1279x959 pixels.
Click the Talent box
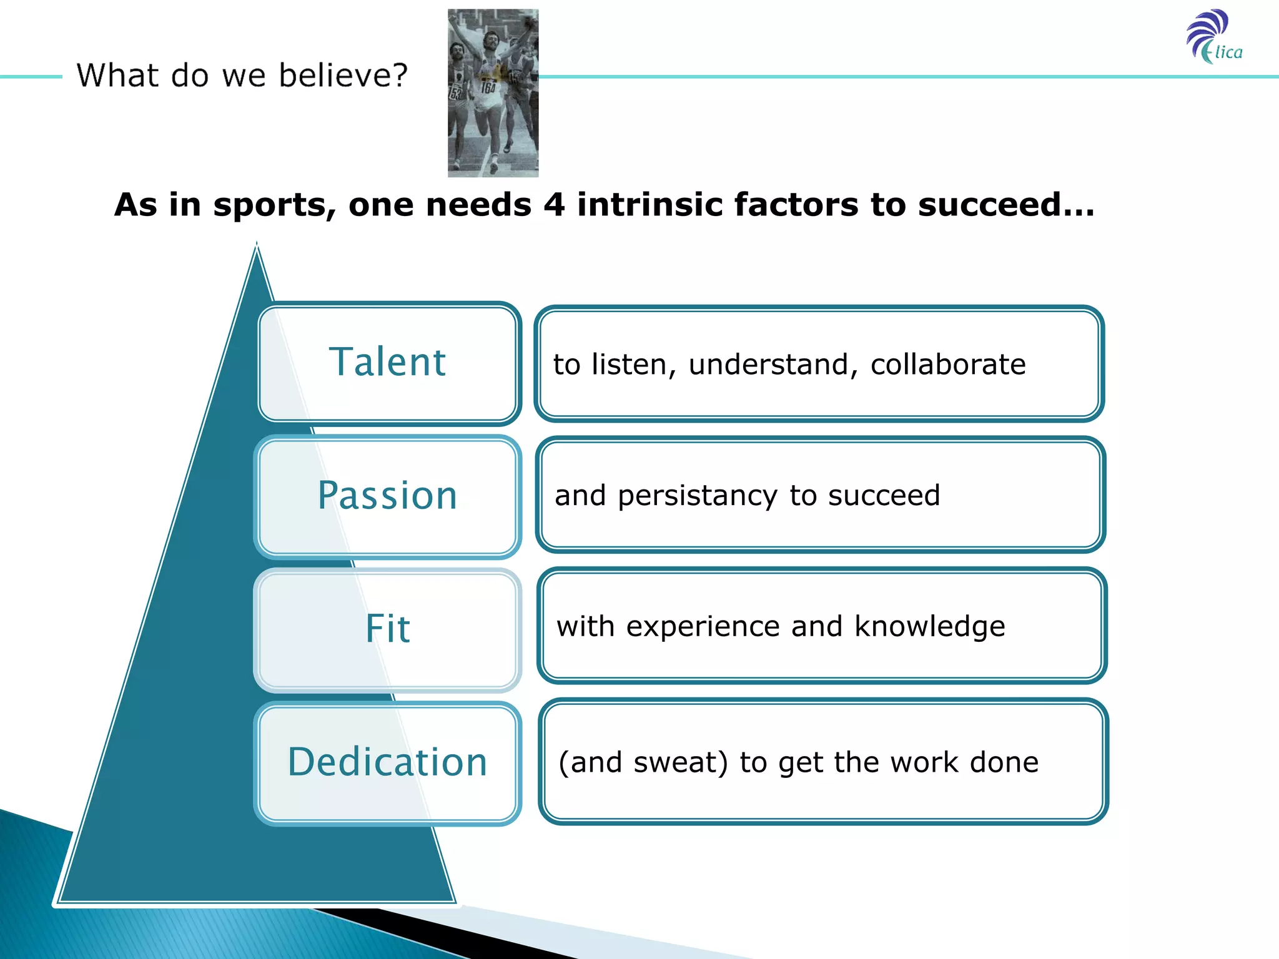[x=388, y=363]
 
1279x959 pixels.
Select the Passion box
[x=388, y=496]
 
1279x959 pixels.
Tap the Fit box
[x=388, y=629]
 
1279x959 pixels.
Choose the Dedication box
[x=388, y=762]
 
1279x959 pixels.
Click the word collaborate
[x=947, y=365]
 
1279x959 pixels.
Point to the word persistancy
[x=697, y=496]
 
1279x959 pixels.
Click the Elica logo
[x=1214, y=37]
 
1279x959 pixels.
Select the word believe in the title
[x=342, y=76]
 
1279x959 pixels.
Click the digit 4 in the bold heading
[x=554, y=205]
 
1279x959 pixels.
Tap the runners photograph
[x=493, y=93]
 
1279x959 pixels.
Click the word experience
[x=703, y=627]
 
